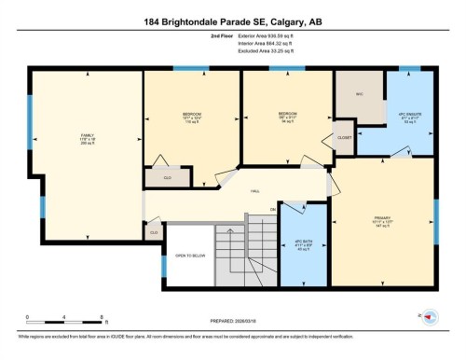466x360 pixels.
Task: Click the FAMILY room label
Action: pyautogui.click(x=88, y=139)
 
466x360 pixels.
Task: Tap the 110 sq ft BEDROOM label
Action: pyautogui.click(x=192, y=118)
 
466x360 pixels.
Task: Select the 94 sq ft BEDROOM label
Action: pyautogui.click(x=287, y=118)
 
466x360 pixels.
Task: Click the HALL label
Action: pyautogui.click(x=254, y=190)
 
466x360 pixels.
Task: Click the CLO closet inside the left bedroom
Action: pyautogui.click(x=169, y=174)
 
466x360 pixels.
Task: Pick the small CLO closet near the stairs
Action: pyautogui.click(x=153, y=231)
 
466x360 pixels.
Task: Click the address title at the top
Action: pyautogui.click(x=233, y=21)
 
